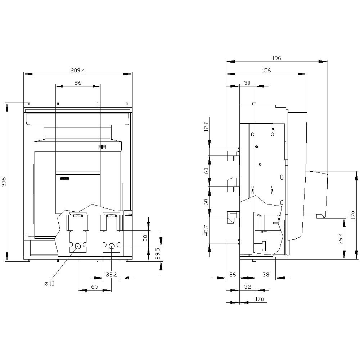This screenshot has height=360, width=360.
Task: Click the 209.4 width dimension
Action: (x=78, y=71)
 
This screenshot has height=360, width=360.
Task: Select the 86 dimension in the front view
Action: (x=78, y=83)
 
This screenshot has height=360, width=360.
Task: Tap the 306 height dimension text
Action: (x=4, y=182)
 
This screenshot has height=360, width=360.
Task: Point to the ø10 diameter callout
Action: (x=49, y=284)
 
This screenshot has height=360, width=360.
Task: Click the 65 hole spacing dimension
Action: (x=95, y=287)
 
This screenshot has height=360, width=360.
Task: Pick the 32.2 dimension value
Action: (x=112, y=275)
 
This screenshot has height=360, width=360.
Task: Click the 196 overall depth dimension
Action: (x=276, y=58)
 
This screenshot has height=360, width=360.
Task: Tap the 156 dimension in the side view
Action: (x=266, y=71)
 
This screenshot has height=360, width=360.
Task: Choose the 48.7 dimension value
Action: (x=206, y=231)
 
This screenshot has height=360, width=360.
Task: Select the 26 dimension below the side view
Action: (x=233, y=275)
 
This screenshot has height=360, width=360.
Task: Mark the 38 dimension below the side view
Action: (x=266, y=275)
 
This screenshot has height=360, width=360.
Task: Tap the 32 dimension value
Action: (x=247, y=287)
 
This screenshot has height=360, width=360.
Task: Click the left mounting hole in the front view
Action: (x=78, y=246)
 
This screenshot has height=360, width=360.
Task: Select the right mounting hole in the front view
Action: (x=112, y=246)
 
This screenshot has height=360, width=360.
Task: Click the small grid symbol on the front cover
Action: (x=102, y=147)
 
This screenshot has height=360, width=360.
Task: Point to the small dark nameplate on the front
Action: (x=64, y=178)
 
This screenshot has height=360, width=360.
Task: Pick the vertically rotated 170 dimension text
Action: (x=353, y=215)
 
